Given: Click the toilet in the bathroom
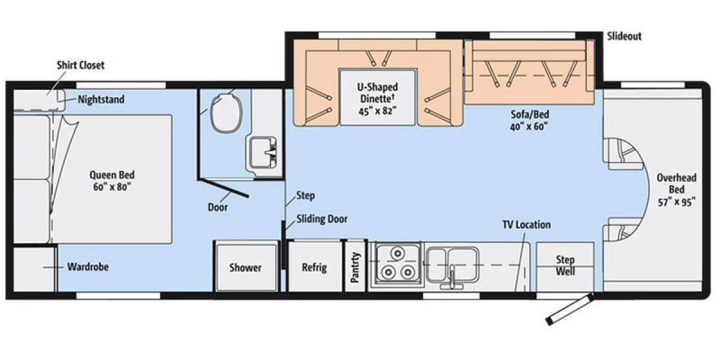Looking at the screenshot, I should pos(226,112).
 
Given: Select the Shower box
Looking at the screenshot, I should pos(245,268).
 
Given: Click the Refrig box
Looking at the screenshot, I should pos(314,268).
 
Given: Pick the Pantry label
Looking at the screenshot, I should pos(356,267).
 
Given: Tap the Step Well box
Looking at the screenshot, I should pos(565,266).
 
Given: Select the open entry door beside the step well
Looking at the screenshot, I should pos(569,310).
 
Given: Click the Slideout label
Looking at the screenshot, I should pos(624,37).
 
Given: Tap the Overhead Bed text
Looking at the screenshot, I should pos(676,190).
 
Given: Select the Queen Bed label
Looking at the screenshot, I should pos(112,181).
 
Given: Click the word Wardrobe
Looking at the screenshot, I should pos(88,267).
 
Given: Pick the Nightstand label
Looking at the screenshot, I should pos(101,100).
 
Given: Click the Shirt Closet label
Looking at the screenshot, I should pos(80,65).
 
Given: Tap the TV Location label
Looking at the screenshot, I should pos(526,225).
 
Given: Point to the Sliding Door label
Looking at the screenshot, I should pos(322,219).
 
